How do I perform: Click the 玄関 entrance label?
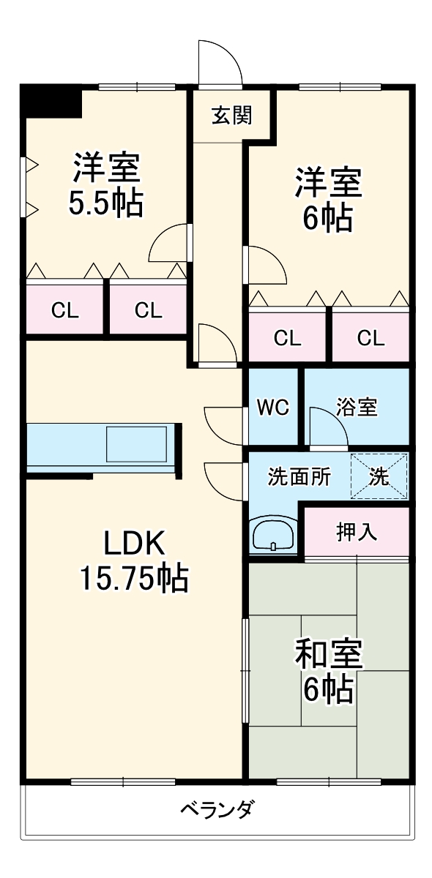click(x=232, y=116)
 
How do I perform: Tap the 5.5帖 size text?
click(x=105, y=204)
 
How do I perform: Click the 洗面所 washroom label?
click(x=299, y=477)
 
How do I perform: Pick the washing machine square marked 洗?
click(x=379, y=477)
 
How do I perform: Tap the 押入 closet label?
click(x=357, y=532)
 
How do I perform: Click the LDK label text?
click(x=135, y=543)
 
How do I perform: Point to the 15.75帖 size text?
click(x=134, y=579)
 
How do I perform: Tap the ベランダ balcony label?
click(x=217, y=810)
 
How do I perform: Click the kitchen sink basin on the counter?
click(x=138, y=443)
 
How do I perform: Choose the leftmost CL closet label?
click(x=64, y=310)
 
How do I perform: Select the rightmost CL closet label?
click(x=370, y=338)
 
